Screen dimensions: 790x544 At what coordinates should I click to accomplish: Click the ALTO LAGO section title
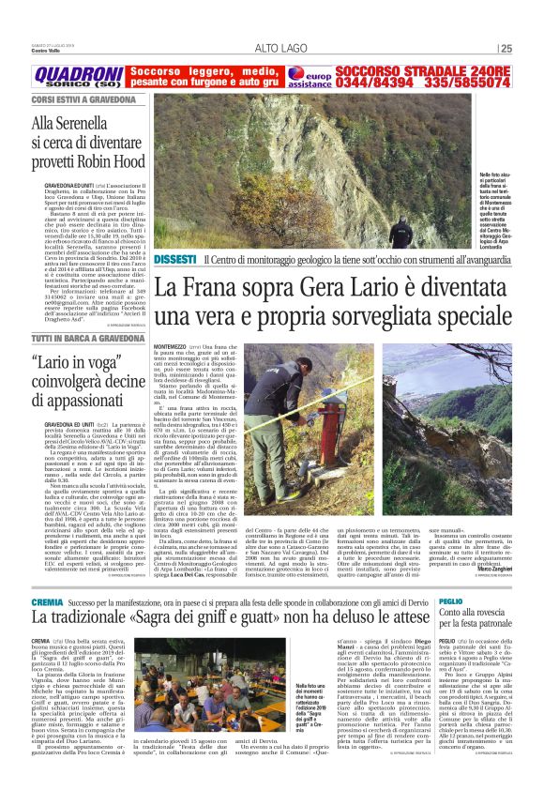click(x=280, y=50)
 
